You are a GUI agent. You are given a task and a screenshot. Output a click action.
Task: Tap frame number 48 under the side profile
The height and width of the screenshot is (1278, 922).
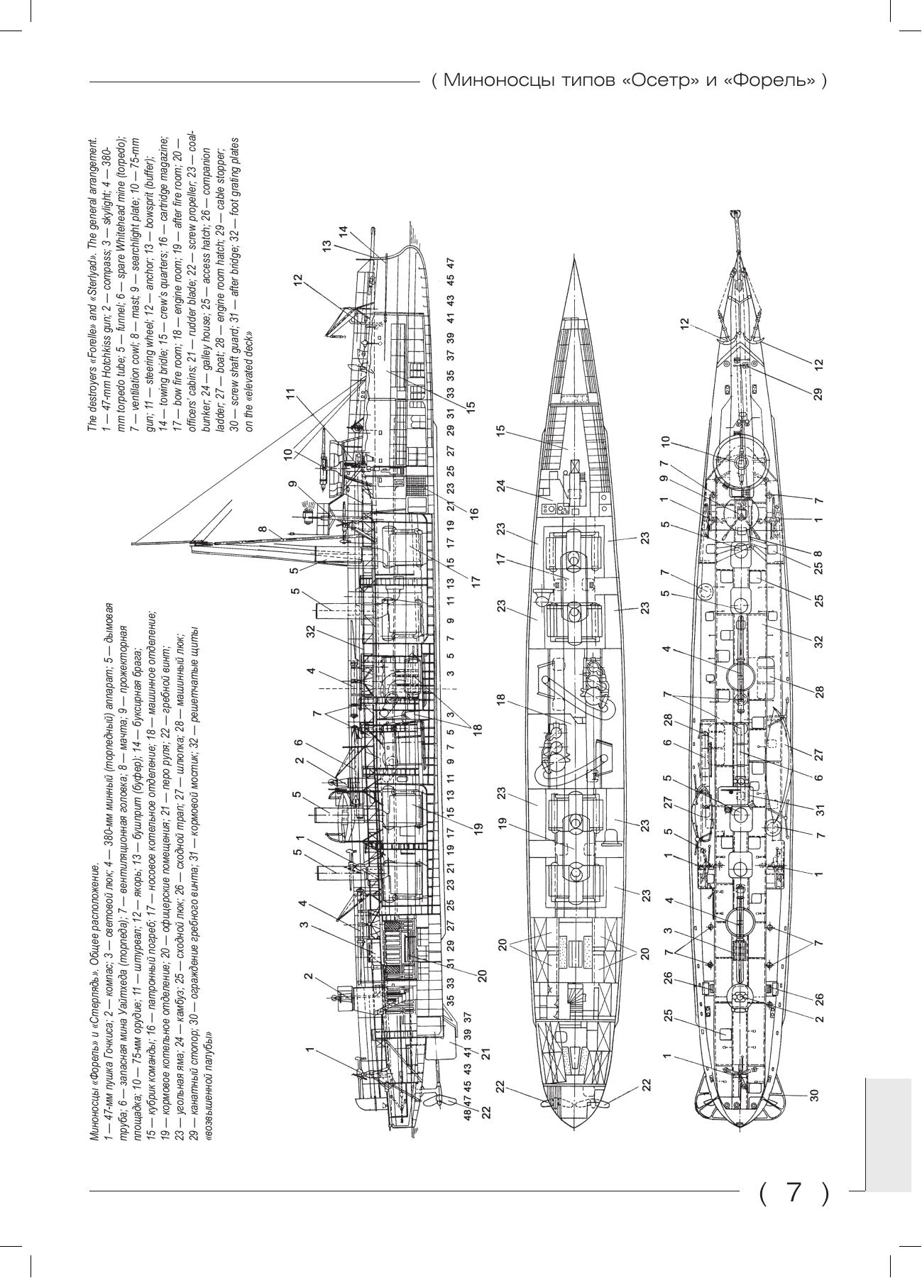(468, 1115)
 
